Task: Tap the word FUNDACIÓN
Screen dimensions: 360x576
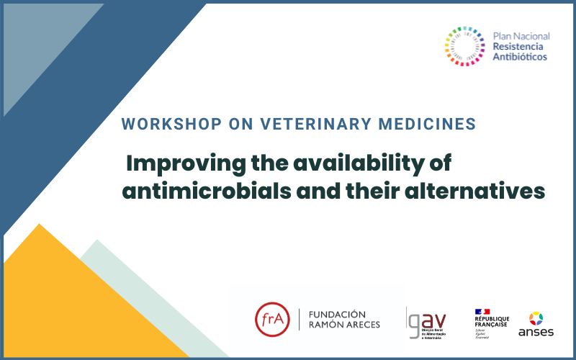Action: pos(337,314)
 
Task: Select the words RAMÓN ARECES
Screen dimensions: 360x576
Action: pos(344,325)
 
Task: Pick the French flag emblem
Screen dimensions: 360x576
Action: pos(482,311)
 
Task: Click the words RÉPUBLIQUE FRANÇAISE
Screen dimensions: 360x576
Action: pos(491,322)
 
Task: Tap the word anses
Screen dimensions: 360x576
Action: pos(536,333)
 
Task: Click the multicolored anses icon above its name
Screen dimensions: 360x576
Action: pos(536,318)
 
